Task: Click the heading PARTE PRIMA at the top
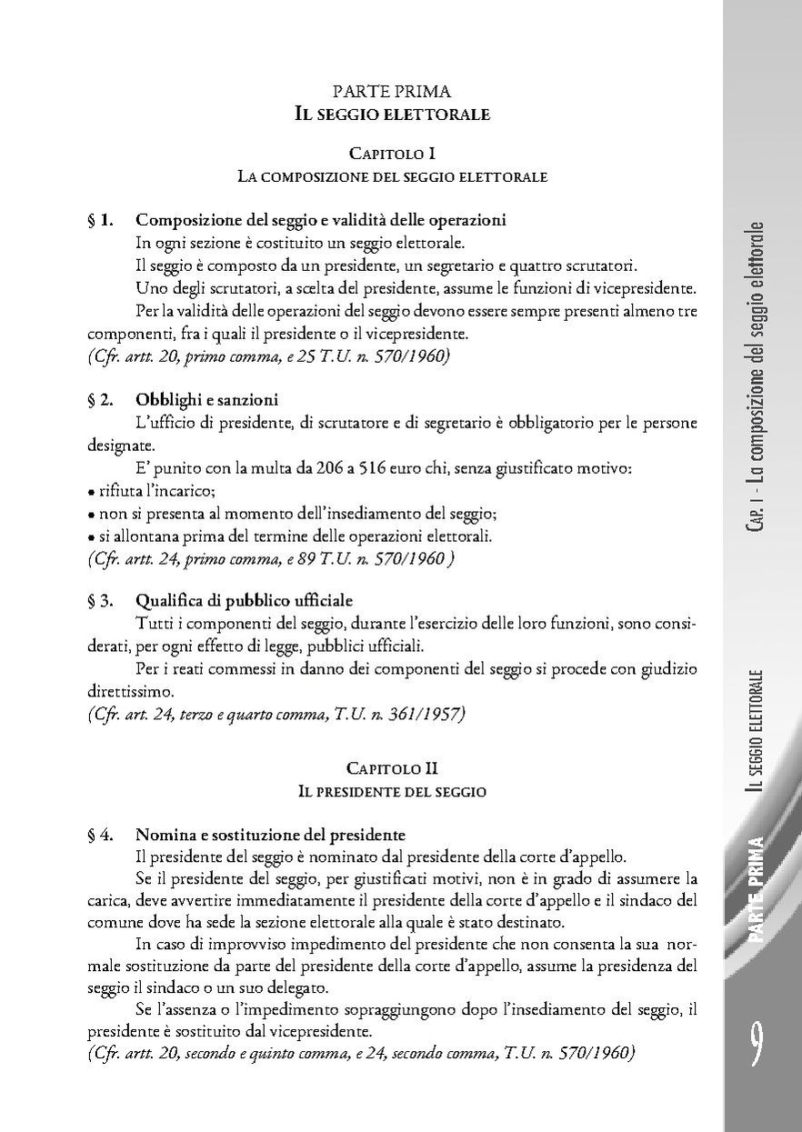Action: click(392, 91)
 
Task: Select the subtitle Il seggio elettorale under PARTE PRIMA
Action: click(392, 114)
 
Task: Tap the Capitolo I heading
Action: click(392, 154)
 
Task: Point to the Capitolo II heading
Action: click(392, 769)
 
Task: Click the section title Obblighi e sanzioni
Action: click(206, 400)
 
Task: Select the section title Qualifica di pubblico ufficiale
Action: click(244, 600)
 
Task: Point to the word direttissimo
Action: click(126, 692)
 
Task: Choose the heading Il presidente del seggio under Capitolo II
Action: click(392, 792)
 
